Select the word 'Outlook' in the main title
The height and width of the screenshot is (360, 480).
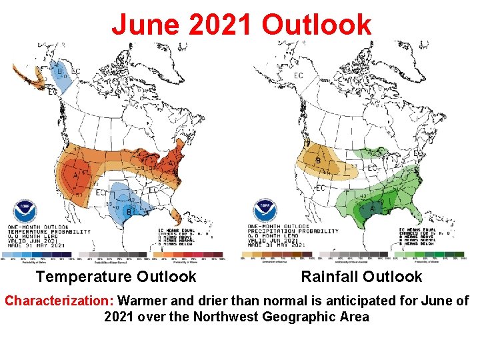point(316,25)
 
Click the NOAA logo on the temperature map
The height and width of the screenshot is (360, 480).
point(25,209)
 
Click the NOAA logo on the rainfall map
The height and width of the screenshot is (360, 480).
point(265,209)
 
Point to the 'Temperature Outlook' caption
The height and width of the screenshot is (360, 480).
point(116,277)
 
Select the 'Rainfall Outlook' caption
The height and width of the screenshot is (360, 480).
point(361,277)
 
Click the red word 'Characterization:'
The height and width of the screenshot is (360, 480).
point(59,301)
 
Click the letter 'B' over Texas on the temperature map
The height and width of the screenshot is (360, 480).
point(129,213)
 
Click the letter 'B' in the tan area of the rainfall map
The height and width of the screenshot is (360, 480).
point(318,161)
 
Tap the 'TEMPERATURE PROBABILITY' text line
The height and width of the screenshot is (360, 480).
point(49,231)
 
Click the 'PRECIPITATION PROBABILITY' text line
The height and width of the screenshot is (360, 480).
point(292,231)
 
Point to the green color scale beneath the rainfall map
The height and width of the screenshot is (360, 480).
point(430,254)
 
